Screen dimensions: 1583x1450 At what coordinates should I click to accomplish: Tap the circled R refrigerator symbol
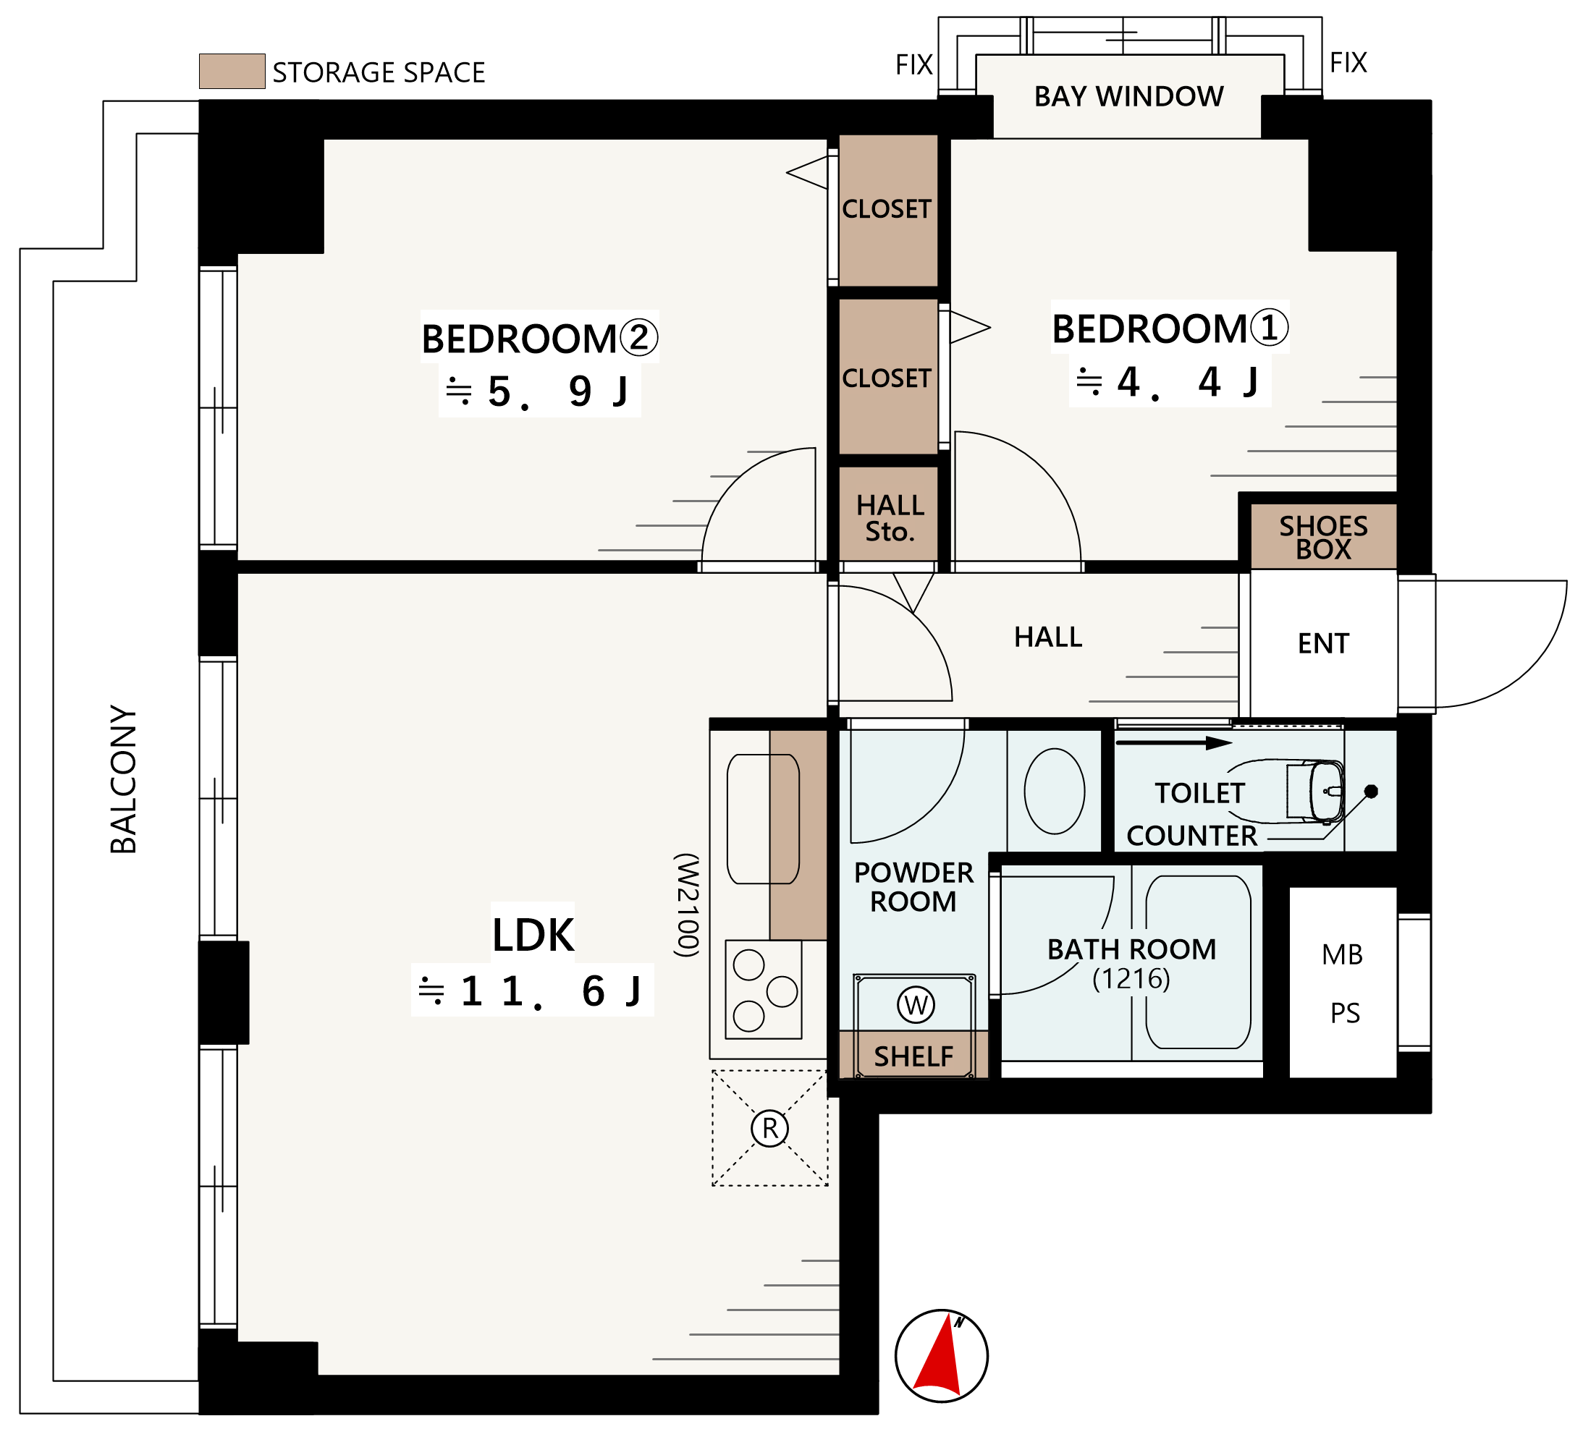click(x=769, y=1128)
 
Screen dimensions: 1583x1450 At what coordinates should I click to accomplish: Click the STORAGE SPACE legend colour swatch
click(x=232, y=72)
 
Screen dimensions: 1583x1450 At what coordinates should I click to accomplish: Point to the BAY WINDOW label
click(x=1128, y=96)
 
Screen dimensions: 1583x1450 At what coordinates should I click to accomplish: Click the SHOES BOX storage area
click(x=1323, y=537)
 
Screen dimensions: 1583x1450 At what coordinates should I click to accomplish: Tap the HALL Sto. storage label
click(x=890, y=518)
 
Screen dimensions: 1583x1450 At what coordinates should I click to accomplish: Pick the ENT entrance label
click(x=1323, y=644)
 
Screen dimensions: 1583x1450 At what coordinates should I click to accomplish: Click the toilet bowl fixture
click(x=1314, y=792)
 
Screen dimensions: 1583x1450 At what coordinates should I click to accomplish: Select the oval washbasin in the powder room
click(x=1055, y=792)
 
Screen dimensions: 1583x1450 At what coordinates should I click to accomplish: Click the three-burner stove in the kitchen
click(x=763, y=990)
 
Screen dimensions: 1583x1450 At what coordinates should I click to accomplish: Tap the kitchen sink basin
click(x=762, y=819)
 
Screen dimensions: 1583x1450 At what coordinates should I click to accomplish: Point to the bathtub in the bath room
click(x=1198, y=962)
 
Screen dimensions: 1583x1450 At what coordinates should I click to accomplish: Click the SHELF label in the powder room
click(x=913, y=1056)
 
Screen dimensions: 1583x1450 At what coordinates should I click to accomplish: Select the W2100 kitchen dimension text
click(x=686, y=905)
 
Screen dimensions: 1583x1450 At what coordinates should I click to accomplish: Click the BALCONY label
click(x=123, y=779)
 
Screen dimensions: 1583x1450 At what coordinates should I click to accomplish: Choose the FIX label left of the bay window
click(x=914, y=64)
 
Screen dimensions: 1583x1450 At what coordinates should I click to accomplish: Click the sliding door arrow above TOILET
click(x=1174, y=742)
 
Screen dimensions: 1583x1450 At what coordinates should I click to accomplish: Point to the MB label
click(x=1342, y=954)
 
